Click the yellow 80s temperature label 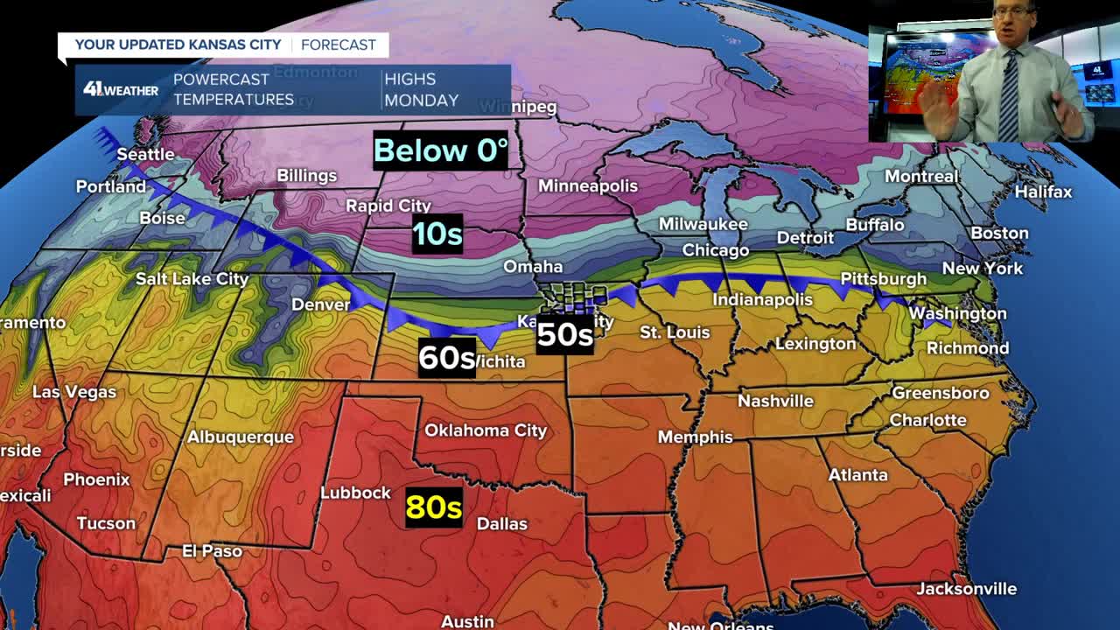click(x=433, y=507)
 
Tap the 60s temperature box click(x=446, y=357)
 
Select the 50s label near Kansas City click(x=564, y=334)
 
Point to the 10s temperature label click(x=437, y=234)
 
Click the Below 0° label click(x=440, y=150)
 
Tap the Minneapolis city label click(x=588, y=185)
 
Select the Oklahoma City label click(x=486, y=430)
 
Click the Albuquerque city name click(x=241, y=437)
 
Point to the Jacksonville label click(x=966, y=589)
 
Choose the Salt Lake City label click(x=192, y=279)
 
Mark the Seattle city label click(x=145, y=154)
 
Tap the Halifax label click(x=1043, y=192)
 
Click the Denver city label click(x=320, y=304)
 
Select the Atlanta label click(x=857, y=475)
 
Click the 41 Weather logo click(x=121, y=89)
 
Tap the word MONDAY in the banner click(x=421, y=100)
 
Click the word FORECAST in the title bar click(x=338, y=45)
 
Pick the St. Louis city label click(x=675, y=332)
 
